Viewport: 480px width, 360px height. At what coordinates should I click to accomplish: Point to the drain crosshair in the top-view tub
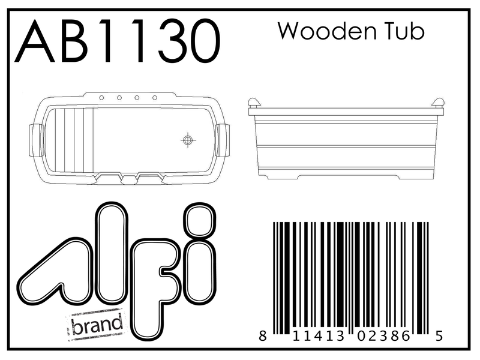[188, 140]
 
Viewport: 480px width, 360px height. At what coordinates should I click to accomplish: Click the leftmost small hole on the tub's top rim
[101, 97]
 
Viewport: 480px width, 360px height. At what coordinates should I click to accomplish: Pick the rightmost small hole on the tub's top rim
[155, 97]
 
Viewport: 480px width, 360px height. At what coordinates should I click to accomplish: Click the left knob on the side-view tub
[254, 103]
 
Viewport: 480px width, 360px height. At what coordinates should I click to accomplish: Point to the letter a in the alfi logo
[60, 270]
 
